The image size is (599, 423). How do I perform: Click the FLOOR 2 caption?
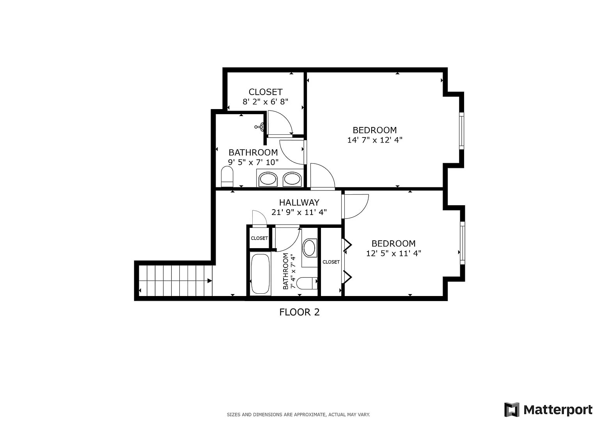pyautogui.click(x=299, y=312)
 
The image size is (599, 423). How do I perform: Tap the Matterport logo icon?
pyautogui.click(x=512, y=409)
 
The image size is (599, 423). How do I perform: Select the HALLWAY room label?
pyautogui.click(x=299, y=203)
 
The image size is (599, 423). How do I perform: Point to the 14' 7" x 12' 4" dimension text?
pyautogui.click(x=374, y=140)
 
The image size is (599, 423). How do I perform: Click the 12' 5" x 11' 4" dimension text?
pyautogui.click(x=393, y=254)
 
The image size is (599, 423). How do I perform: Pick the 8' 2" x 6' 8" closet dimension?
pyautogui.click(x=265, y=102)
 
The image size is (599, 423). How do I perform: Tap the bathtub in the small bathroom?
pyautogui.click(x=261, y=274)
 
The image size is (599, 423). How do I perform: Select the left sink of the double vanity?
pyautogui.click(x=268, y=179)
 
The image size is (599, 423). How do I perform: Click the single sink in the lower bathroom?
pyautogui.click(x=309, y=248)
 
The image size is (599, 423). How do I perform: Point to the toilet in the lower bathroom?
pyautogui.click(x=307, y=283)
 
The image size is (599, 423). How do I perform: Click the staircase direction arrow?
pyautogui.click(x=209, y=280)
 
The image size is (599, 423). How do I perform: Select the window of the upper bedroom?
pyautogui.click(x=461, y=130)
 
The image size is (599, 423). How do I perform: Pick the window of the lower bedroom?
pyautogui.click(x=462, y=243)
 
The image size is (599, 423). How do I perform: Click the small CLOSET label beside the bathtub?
pyautogui.click(x=259, y=238)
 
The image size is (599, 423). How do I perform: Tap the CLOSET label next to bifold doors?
pyautogui.click(x=331, y=262)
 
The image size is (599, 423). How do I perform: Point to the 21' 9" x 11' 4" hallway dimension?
pyautogui.click(x=299, y=213)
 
